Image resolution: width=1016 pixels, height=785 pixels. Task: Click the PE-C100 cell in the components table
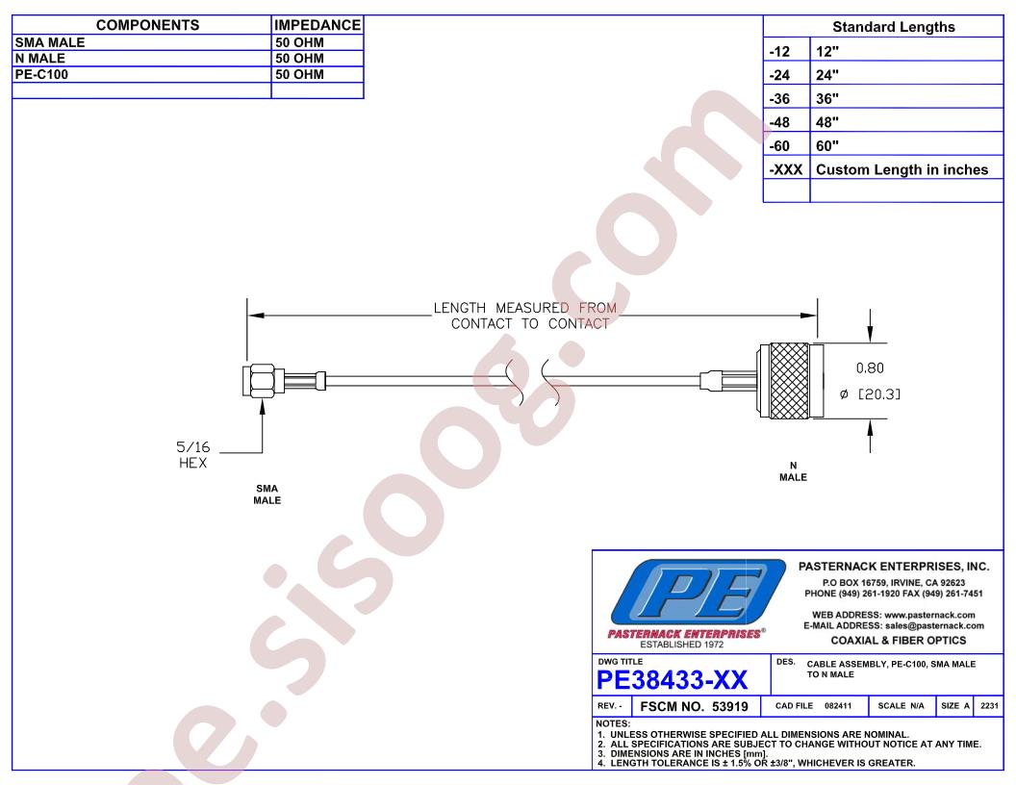(x=41, y=74)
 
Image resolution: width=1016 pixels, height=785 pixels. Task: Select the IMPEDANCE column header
(x=317, y=25)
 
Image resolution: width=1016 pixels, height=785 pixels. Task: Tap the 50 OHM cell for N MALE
(x=299, y=59)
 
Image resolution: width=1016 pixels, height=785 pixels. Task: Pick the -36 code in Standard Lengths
(x=779, y=98)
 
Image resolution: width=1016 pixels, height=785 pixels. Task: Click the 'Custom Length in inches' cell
(x=902, y=169)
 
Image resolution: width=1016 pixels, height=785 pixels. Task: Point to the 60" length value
(x=827, y=145)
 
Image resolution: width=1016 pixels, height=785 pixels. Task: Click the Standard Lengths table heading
(x=894, y=27)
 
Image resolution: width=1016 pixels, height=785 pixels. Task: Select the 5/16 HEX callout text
(x=193, y=455)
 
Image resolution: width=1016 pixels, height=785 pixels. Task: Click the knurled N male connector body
(x=790, y=381)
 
